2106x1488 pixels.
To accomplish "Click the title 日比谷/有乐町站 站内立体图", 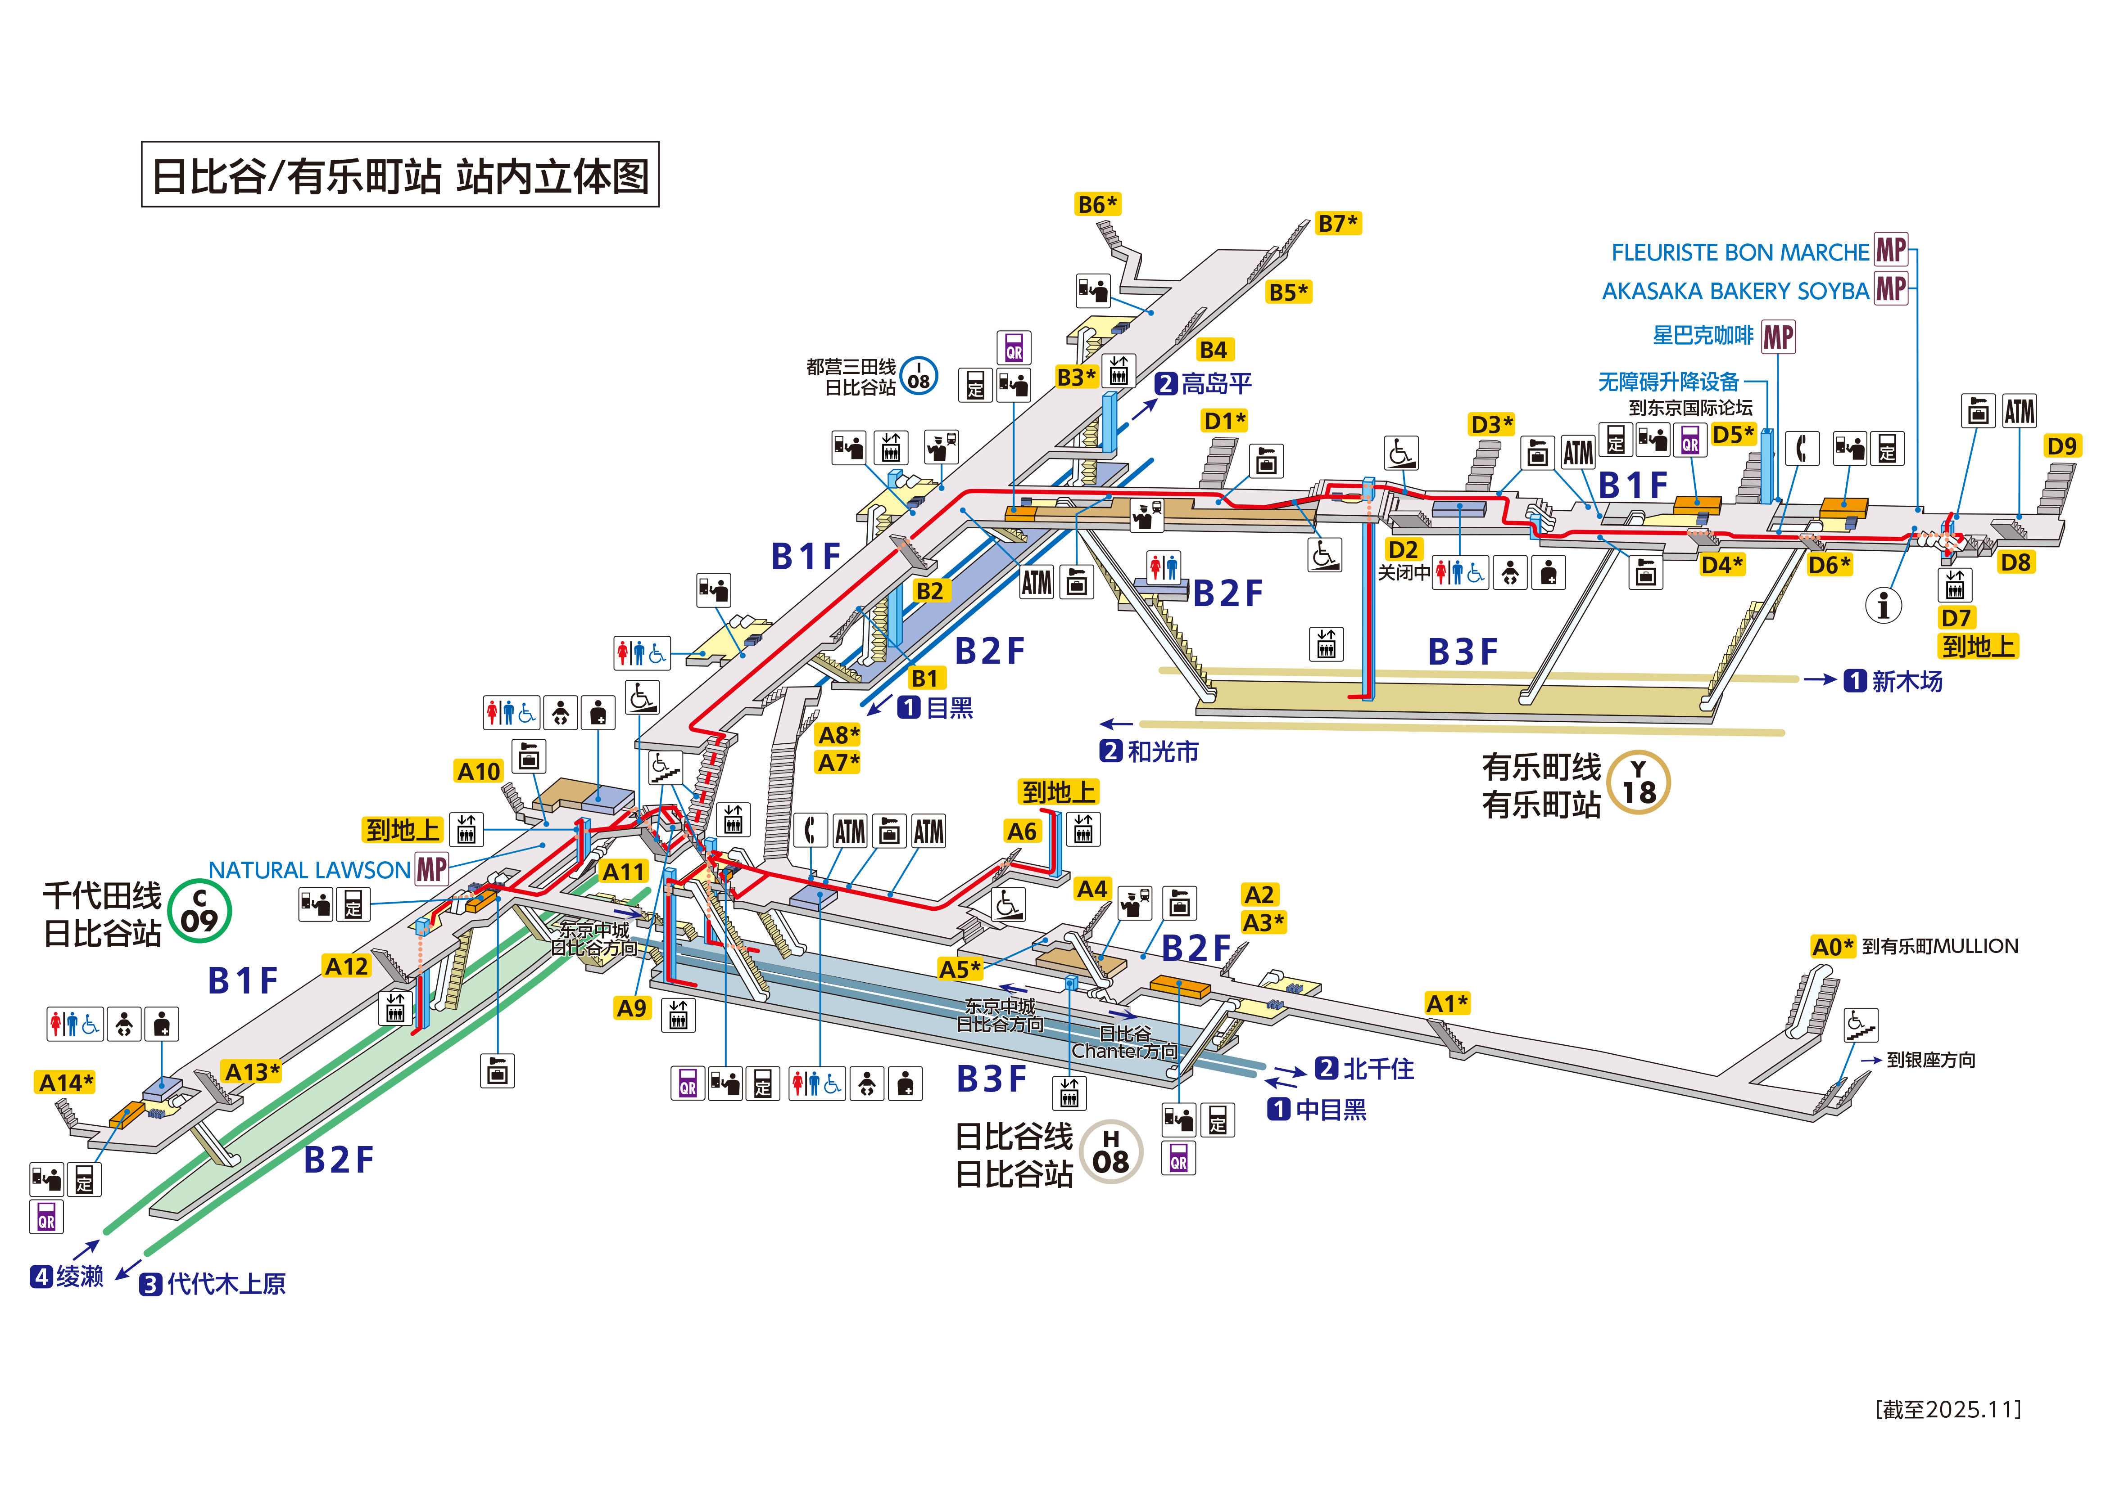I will pyautogui.click(x=400, y=175).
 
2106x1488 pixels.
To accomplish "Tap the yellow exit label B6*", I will pyautogui.click(x=1097, y=204).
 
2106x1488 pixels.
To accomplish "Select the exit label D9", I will pyautogui.click(x=2061, y=446).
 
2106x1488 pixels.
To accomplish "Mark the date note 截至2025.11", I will pyautogui.click(x=1948, y=1409).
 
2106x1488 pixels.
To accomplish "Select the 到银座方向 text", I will pyautogui.click(x=1931, y=1060).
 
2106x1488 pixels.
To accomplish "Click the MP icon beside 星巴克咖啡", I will pyautogui.click(x=1778, y=337).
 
